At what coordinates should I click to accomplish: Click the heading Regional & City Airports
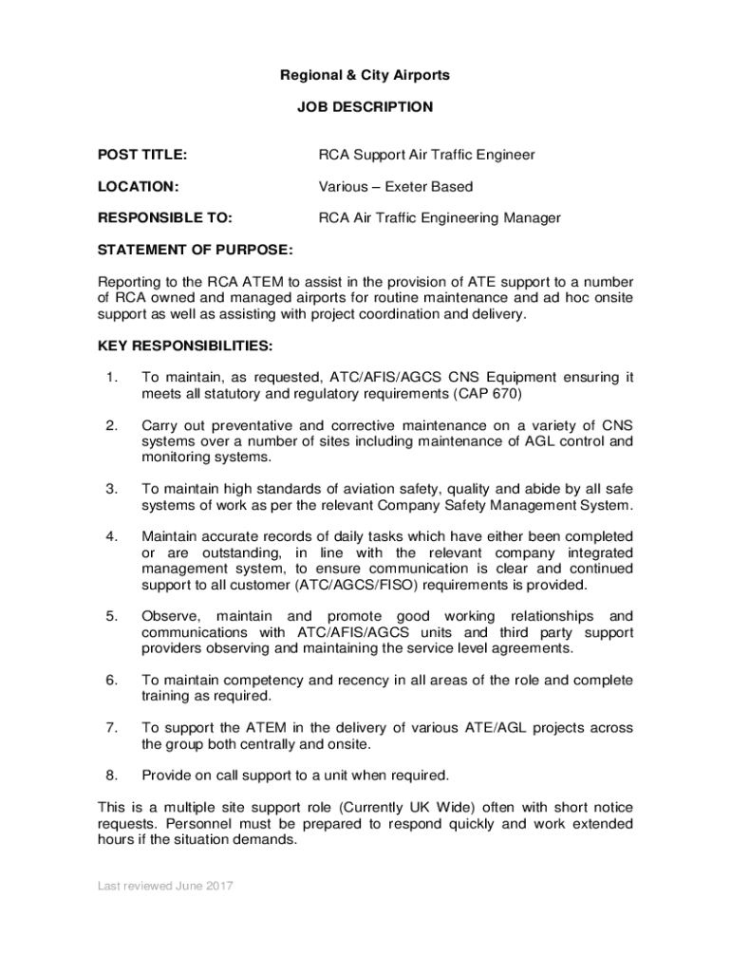tap(365, 75)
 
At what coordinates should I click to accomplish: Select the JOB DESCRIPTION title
tap(365, 107)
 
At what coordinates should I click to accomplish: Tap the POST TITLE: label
tap(142, 155)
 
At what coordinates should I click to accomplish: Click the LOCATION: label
tap(140, 187)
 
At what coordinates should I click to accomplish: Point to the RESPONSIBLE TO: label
tap(165, 218)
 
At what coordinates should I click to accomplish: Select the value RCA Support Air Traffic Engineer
tap(426, 155)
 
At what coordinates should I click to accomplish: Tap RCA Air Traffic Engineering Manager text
tap(440, 218)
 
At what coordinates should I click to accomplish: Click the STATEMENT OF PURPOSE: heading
tap(196, 251)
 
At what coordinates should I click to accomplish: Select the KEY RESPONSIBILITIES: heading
tap(186, 345)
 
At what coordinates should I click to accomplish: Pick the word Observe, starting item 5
tap(172, 616)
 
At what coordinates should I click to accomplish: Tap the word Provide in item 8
tap(166, 775)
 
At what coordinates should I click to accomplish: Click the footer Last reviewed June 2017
tap(165, 887)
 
